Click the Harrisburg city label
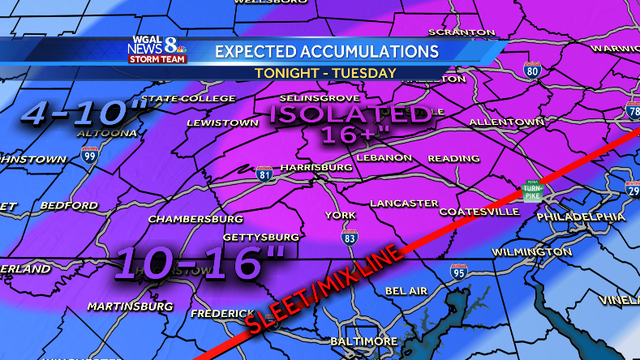316,167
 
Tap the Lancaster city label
403,203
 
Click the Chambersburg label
195,219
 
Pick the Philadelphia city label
582,216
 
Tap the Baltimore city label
364,341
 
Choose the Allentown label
506,122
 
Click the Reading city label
454,157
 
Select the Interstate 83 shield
350,238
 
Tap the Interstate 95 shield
458,272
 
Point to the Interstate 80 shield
532,70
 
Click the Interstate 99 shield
89,154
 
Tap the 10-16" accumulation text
200,264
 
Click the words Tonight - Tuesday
325,73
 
